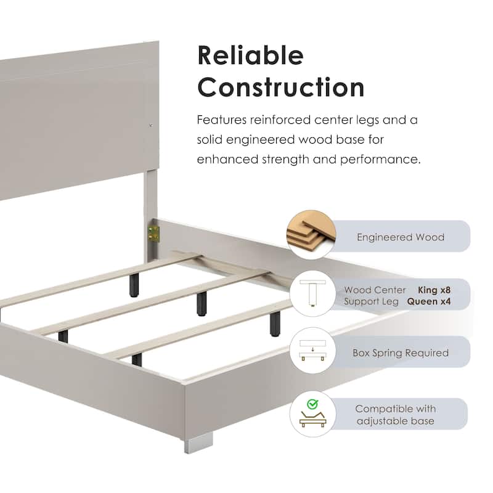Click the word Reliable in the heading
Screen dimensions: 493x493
pos(251,55)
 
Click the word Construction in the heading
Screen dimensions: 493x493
pos(281,87)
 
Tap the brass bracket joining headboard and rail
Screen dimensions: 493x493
pos(153,234)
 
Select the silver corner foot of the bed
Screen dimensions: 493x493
pos(198,442)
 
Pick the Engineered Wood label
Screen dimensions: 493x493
pos(401,237)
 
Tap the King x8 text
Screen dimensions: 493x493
pos(434,290)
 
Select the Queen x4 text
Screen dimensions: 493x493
pos(429,301)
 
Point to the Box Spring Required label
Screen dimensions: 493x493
pos(401,352)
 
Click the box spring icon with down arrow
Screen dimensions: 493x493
pos(312,350)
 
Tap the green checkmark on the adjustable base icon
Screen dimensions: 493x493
pos(312,404)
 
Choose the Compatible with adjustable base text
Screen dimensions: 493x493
pos(396,415)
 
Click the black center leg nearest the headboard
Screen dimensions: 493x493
pos(134,285)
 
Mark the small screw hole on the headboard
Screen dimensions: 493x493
pos(151,125)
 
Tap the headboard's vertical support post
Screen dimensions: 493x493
pos(150,214)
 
